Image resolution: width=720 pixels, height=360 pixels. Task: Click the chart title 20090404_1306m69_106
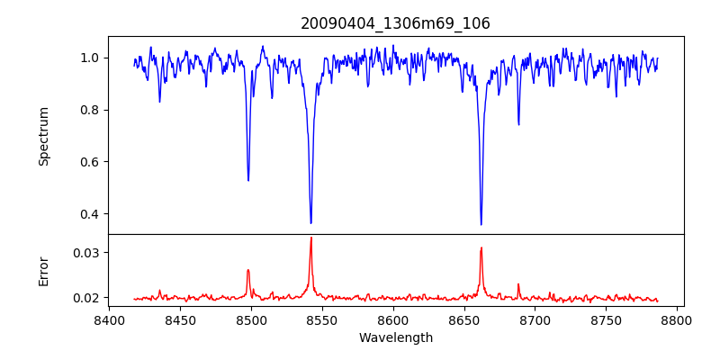(395, 23)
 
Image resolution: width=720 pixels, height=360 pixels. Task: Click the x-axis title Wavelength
(395, 337)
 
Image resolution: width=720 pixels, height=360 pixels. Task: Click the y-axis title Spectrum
(43, 136)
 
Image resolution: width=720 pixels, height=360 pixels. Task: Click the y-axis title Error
(43, 271)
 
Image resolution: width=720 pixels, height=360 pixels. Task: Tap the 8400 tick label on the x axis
(109, 319)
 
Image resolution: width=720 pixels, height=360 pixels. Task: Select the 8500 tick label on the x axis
(251, 319)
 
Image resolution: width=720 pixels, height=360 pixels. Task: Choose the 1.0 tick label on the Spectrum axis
(89, 58)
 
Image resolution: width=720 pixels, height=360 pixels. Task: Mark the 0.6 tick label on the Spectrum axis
(89, 162)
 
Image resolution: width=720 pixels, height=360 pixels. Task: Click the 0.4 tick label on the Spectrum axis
(89, 214)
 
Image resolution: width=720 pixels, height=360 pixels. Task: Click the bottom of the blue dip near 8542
(310, 222)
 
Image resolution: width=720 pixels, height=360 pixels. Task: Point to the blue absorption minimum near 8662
(481, 224)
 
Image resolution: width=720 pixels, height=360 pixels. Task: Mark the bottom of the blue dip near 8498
(248, 180)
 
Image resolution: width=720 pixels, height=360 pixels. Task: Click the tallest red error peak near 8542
(310, 238)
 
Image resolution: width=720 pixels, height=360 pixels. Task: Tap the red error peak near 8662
(481, 248)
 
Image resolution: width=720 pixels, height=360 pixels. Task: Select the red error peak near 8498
(248, 270)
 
